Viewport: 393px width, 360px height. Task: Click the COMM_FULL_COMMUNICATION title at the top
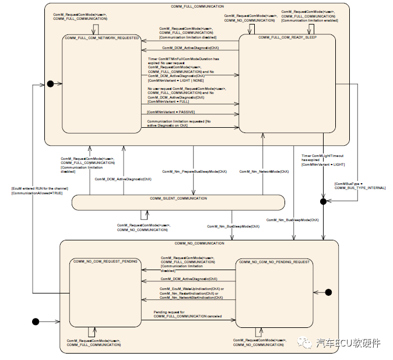(x=196, y=5)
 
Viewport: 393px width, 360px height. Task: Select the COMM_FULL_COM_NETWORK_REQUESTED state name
(x=103, y=38)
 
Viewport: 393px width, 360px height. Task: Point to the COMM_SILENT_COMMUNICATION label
(x=178, y=199)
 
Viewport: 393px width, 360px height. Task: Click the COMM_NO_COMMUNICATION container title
(x=199, y=243)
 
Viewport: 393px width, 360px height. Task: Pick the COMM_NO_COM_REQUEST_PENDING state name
(x=104, y=262)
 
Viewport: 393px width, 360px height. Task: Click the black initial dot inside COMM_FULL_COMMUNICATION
(x=50, y=84)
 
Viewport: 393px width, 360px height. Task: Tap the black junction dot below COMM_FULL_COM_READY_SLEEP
(x=322, y=201)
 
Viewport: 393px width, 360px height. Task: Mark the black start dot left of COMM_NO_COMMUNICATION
(x=36, y=321)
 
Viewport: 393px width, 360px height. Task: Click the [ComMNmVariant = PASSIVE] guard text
(x=170, y=111)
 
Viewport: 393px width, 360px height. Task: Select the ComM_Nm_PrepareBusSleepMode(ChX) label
(x=194, y=172)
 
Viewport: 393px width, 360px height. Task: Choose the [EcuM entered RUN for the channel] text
(x=40, y=188)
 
